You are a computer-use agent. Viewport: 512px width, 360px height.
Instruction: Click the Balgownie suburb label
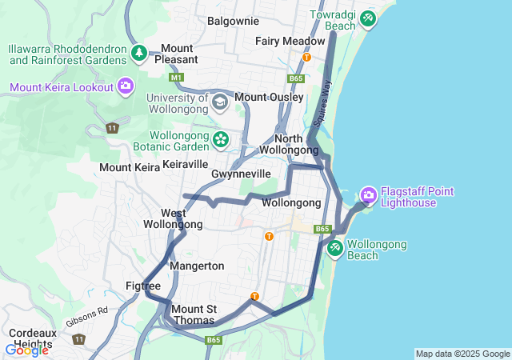[233, 21]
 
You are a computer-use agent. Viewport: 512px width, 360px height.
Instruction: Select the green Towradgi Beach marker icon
[367, 18]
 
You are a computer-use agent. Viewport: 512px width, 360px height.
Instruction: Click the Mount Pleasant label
[177, 54]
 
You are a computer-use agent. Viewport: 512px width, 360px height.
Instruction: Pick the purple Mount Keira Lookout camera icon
[125, 86]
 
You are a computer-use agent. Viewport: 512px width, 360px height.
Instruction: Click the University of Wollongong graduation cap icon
[220, 102]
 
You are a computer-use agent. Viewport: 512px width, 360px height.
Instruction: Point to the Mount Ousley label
[269, 98]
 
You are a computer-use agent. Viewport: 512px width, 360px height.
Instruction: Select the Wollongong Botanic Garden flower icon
[221, 140]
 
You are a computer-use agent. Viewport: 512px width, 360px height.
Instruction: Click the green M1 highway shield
[176, 78]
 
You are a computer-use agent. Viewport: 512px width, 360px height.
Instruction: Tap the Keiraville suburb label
[185, 164]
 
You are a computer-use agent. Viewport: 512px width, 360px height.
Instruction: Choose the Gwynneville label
[241, 174]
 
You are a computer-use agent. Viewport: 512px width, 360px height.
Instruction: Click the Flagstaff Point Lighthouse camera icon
[368, 194]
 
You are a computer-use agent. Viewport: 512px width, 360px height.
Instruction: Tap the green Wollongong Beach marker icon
[335, 249]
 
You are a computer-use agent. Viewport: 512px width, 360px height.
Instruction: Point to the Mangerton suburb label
[197, 266]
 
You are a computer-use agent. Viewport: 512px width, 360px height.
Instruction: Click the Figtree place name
[143, 286]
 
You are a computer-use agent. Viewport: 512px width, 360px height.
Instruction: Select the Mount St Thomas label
[194, 314]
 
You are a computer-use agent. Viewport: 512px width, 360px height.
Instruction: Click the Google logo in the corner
[26, 350]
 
